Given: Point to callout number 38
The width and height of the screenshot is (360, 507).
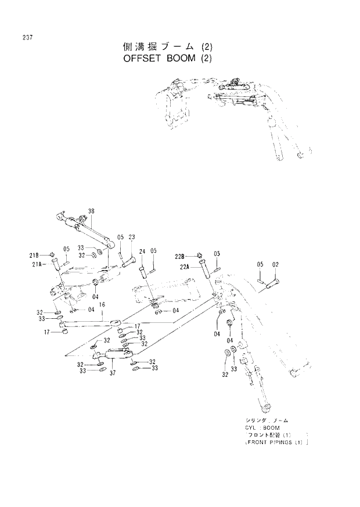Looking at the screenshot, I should pyautogui.click(x=91, y=210).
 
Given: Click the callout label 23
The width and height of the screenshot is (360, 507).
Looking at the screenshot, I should pyautogui.click(x=132, y=237).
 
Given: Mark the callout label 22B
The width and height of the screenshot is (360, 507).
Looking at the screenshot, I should pyautogui.click(x=180, y=256).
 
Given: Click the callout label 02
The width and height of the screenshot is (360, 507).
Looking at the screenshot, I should pyautogui.click(x=276, y=265).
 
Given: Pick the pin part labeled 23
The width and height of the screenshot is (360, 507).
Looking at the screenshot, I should pyautogui.click(x=128, y=262).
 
